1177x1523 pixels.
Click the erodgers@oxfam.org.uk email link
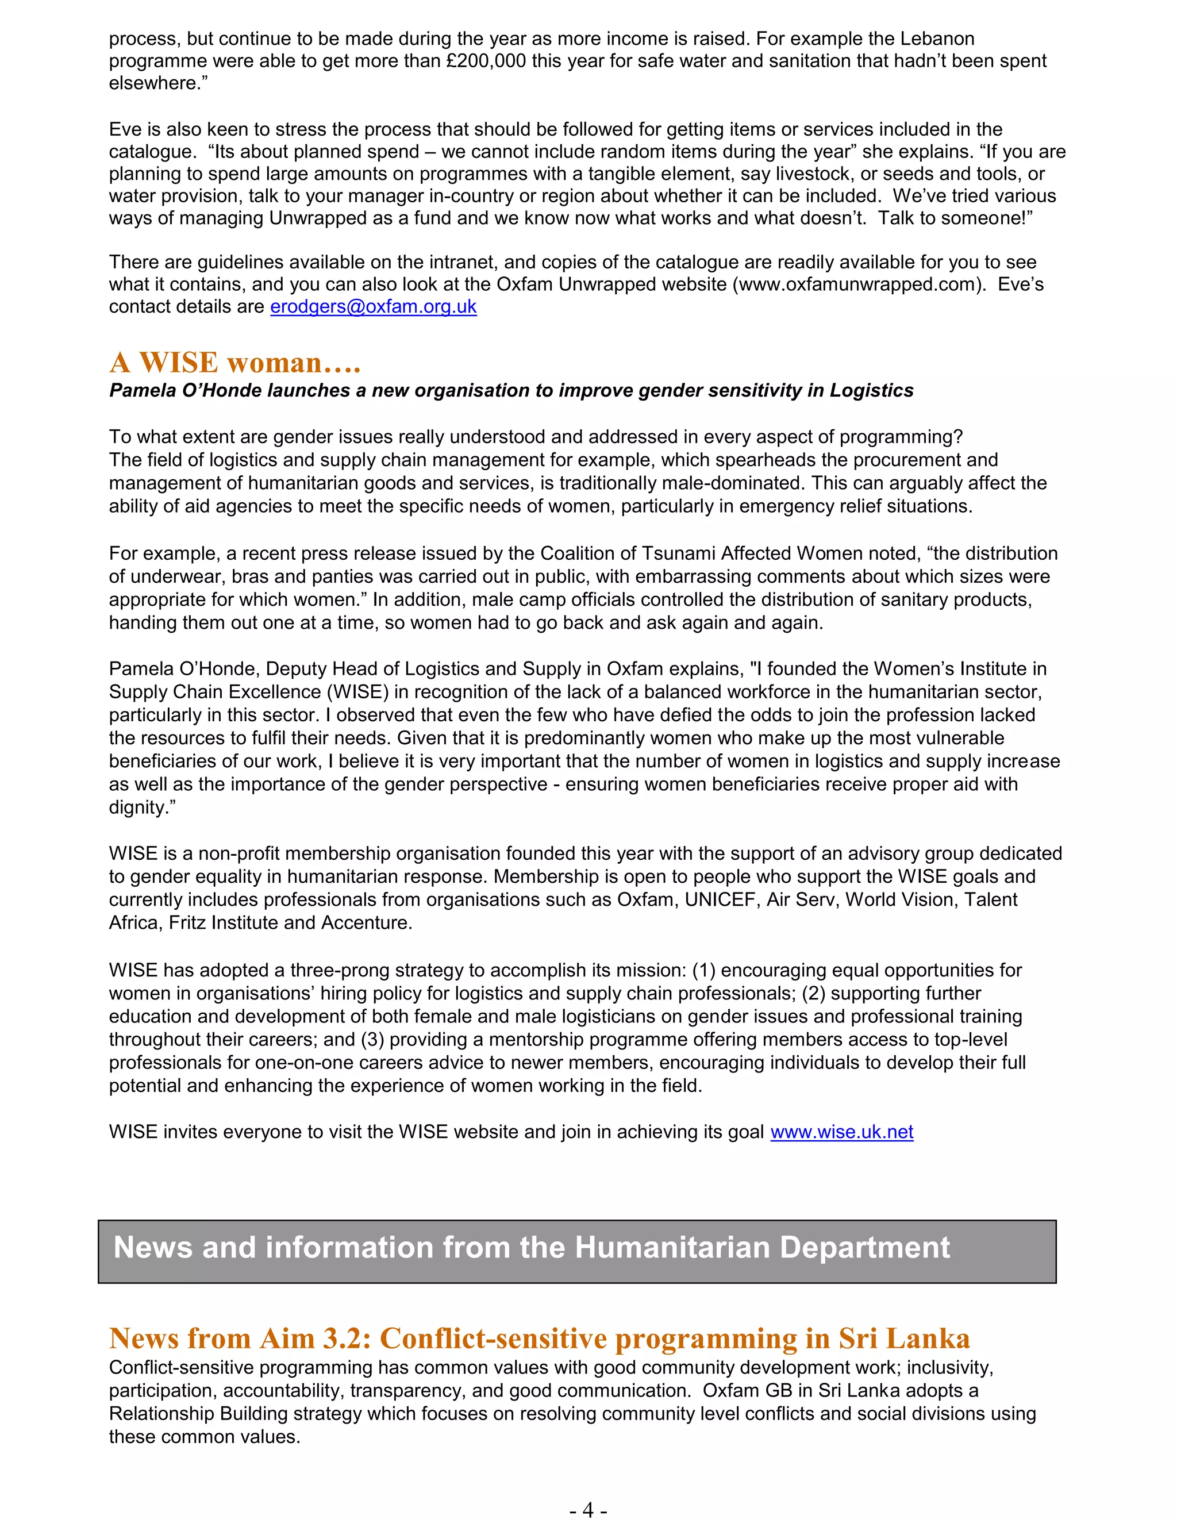pyautogui.click(x=373, y=307)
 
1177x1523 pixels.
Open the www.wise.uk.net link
pyautogui.click(x=841, y=1132)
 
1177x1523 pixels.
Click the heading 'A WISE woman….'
pyautogui.click(x=235, y=363)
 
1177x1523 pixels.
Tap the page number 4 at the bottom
pyautogui.click(x=588, y=1510)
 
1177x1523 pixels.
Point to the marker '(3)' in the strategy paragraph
pyautogui.click(x=372, y=1039)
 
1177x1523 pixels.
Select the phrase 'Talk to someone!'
pyautogui.click(x=955, y=218)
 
